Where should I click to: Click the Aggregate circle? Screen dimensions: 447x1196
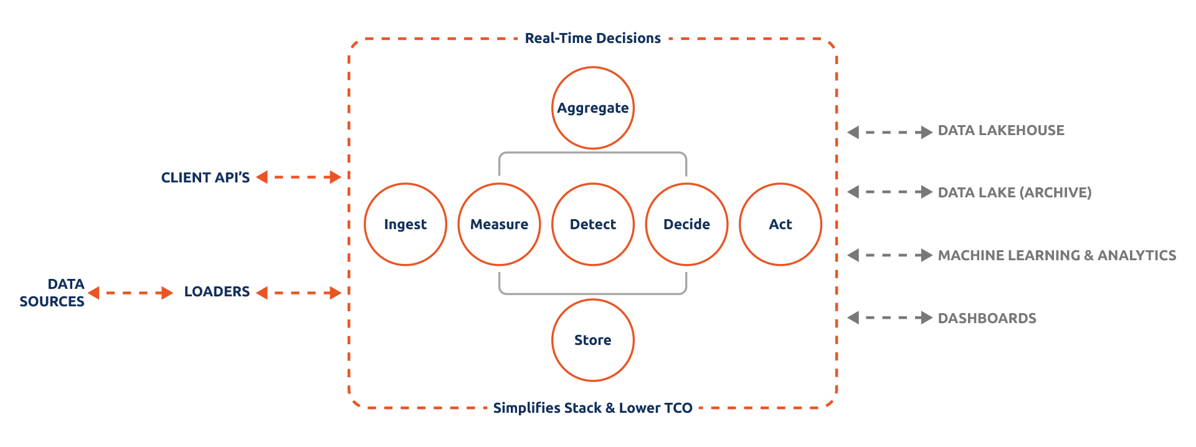593,108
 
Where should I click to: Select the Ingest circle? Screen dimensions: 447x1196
406,224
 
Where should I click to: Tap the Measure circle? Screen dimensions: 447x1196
499,224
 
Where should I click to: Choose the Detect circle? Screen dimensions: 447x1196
593,224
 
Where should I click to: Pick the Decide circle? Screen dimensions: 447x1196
686,224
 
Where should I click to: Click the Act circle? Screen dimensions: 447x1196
781,224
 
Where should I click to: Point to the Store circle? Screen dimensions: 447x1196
593,340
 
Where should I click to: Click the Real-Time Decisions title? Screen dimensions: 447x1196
592,39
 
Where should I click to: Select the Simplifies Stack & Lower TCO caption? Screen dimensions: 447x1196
592,408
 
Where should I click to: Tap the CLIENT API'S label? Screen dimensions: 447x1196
206,178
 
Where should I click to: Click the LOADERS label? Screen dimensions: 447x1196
217,292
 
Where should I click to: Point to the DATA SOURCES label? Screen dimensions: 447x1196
52,293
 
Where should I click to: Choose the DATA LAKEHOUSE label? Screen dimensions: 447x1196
1001,131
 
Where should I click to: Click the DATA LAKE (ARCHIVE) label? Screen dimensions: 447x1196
1015,192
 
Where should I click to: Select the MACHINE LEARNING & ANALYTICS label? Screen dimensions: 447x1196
1057,255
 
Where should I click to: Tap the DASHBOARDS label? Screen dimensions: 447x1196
987,318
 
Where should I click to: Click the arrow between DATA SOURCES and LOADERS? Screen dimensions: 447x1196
130,293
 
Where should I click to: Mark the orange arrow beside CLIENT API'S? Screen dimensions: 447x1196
299,177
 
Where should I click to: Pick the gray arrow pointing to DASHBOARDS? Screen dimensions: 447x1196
890,318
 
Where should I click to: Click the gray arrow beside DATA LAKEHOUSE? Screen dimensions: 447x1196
890,132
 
